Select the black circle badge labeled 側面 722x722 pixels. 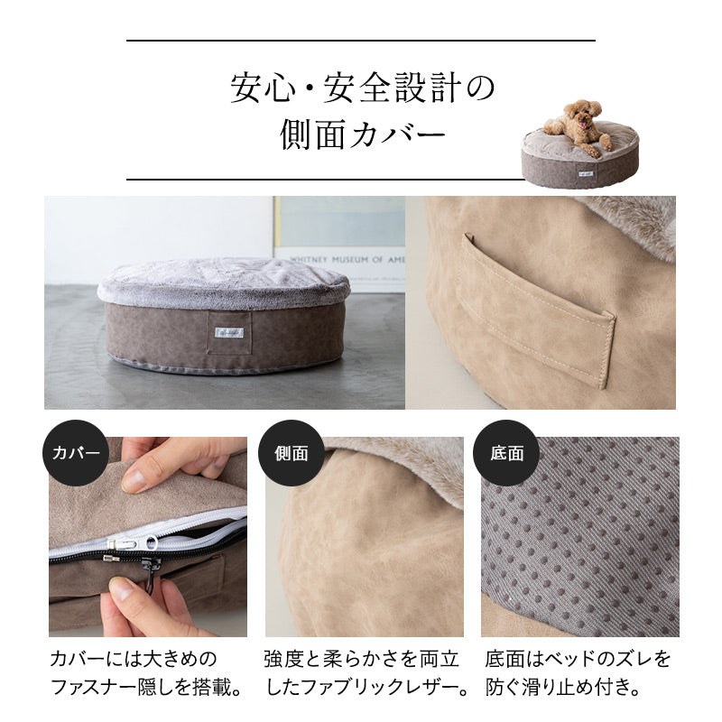point(291,452)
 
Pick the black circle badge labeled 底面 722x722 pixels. point(506,452)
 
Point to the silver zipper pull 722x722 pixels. point(125,543)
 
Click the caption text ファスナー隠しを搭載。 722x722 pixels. point(146,688)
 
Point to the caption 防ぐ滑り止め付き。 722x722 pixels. point(564,688)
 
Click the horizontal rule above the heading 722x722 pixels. point(361,41)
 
